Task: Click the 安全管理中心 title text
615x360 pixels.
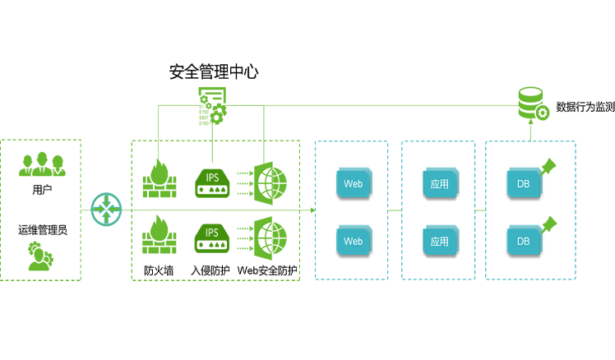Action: pyautogui.click(x=214, y=72)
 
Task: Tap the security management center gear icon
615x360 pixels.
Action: pyautogui.click(x=212, y=106)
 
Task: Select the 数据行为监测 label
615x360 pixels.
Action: pyautogui.click(x=585, y=107)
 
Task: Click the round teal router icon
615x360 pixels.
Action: pyautogui.click(x=105, y=209)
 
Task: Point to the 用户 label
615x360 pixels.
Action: pyautogui.click(x=42, y=190)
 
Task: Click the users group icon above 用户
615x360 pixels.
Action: pyautogui.click(x=42, y=164)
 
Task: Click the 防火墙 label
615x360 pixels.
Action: pyautogui.click(x=159, y=270)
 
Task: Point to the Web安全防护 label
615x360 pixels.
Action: pyautogui.click(x=267, y=270)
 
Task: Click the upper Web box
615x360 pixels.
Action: pyautogui.click(x=354, y=184)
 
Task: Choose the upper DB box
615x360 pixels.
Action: pyautogui.click(x=524, y=184)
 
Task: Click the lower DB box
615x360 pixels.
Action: pyautogui.click(x=524, y=242)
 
